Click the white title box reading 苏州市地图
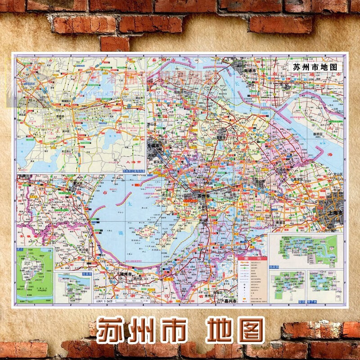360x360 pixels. (x=315, y=66)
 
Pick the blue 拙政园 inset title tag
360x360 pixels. (x=276, y=266)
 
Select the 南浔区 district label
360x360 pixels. (x=170, y=279)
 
